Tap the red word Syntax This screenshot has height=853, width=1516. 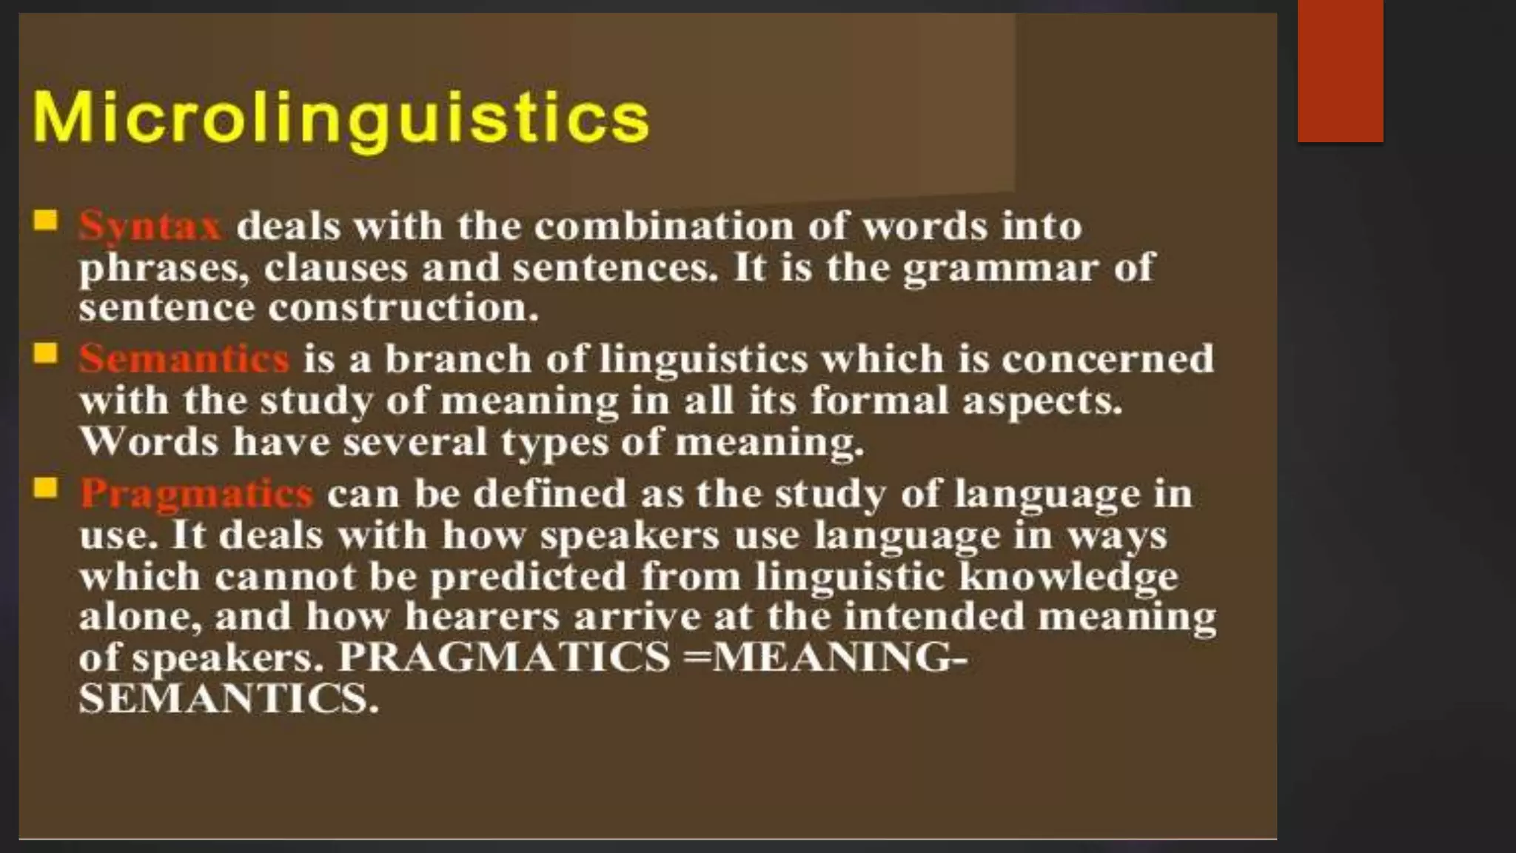click(x=150, y=226)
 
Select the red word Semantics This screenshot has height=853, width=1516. click(x=184, y=359)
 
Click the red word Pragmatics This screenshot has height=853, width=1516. click(x=196, y=494)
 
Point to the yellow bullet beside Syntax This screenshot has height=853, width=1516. click(x=46, y=221)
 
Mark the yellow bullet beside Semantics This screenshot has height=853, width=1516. click(x=46, y=354)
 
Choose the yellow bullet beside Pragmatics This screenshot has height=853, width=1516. click(x=46, y=489)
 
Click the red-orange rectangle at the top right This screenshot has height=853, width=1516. click(x=1340, y=71)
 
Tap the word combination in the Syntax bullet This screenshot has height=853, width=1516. click(x=663, y=226)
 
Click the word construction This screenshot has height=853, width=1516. click(x=403, y=308)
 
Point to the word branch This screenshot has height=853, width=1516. click(x=458, y=359)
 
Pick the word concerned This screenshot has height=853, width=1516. click(x=1108, y=359)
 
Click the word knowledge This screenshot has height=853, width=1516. click(x=1068, y=577)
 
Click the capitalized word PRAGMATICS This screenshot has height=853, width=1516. click(x=504, y=658)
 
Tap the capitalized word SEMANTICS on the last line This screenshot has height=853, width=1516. click(x=228, y=698)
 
